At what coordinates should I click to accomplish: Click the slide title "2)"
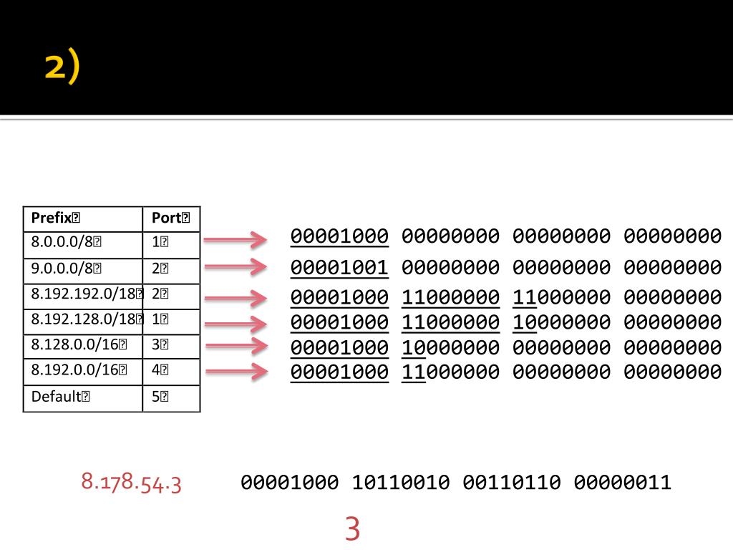point(62,69)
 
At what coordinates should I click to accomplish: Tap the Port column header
point(170,218)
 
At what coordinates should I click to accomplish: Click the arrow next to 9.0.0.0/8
point(236,267)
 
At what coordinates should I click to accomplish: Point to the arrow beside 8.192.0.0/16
point(236,371)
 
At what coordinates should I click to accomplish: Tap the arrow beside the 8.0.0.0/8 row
point(236,239)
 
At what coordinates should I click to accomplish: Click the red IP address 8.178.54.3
point(131,481)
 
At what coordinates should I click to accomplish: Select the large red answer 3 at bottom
point(351,529)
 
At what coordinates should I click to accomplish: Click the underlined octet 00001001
point(339,268)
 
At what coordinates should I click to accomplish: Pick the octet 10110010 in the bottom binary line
point(400,482)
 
